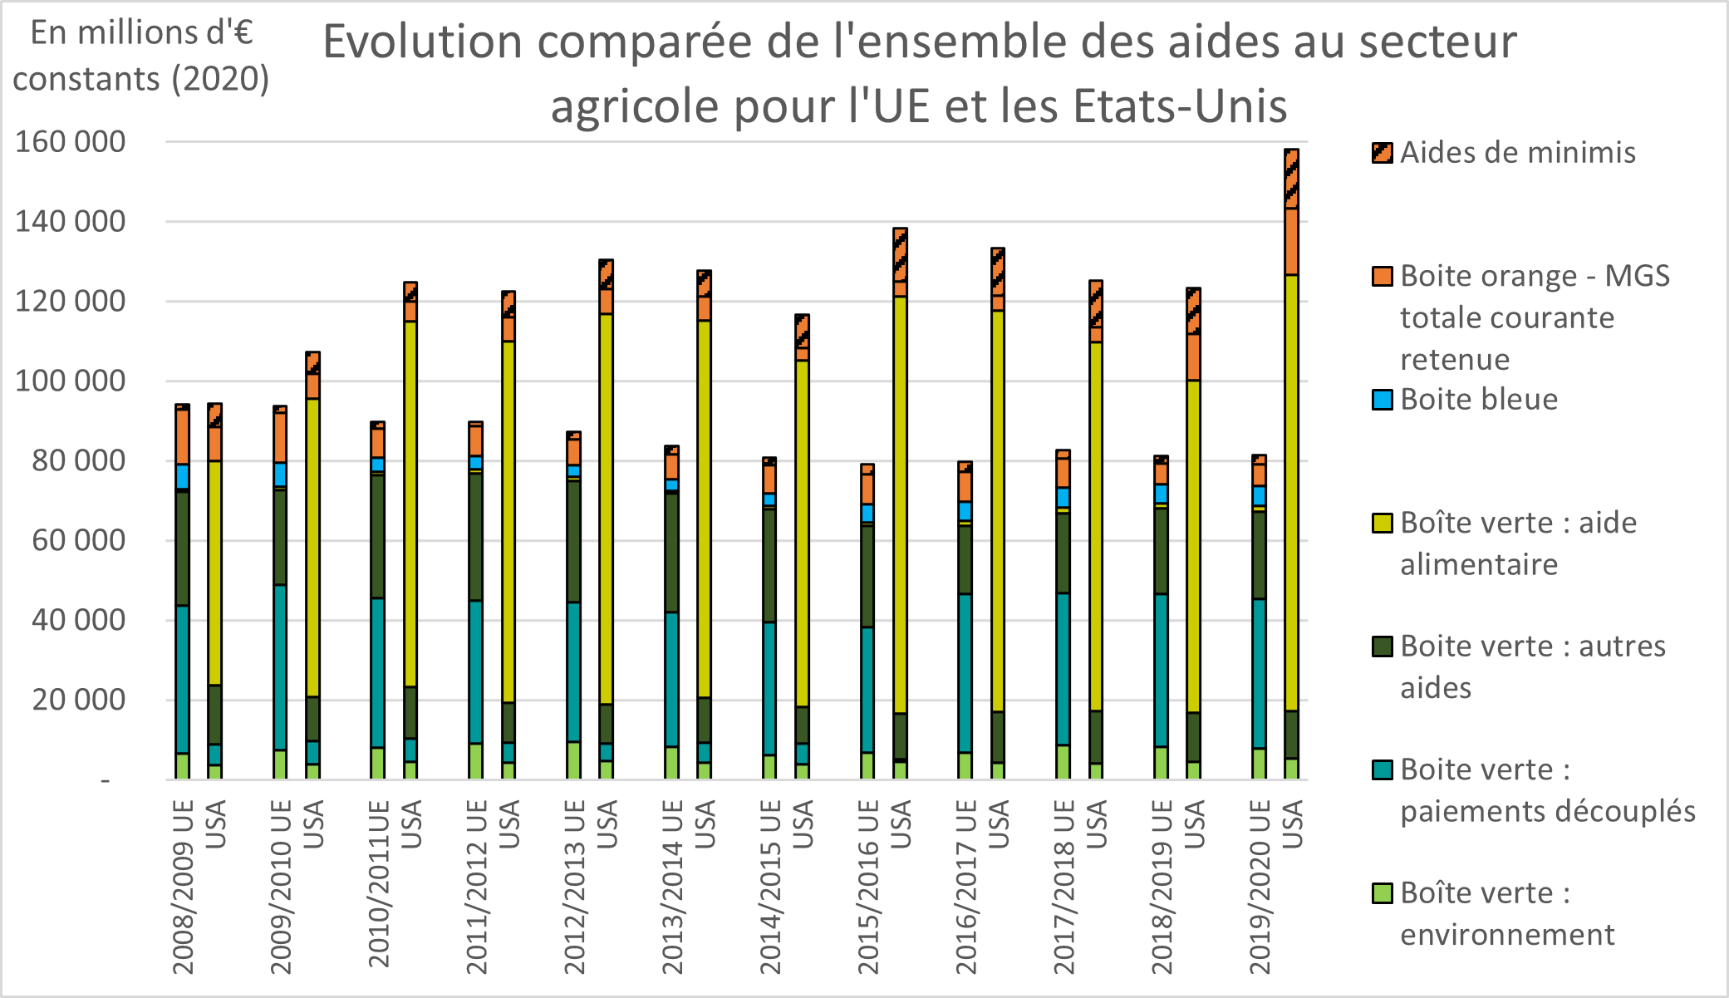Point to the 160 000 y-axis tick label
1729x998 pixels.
point(71,142)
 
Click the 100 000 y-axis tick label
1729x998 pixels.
point(71,381)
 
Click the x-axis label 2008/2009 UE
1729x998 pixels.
point(183,886)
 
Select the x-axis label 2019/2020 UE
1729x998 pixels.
point(1260,886)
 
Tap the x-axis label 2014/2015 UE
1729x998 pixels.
point(770,886)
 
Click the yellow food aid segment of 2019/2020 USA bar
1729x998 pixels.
point(1291,490)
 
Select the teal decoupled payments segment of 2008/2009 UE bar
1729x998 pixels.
point(182,679)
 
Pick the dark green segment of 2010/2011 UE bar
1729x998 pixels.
point(378,536)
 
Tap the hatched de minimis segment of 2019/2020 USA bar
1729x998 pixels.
point(1291,179)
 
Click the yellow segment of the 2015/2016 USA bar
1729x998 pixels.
point(900,504)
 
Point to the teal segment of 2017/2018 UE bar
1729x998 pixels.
point(1063,669)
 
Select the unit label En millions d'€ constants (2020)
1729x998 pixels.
point(141,56)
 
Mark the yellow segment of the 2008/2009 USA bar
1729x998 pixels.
point(214,573)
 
